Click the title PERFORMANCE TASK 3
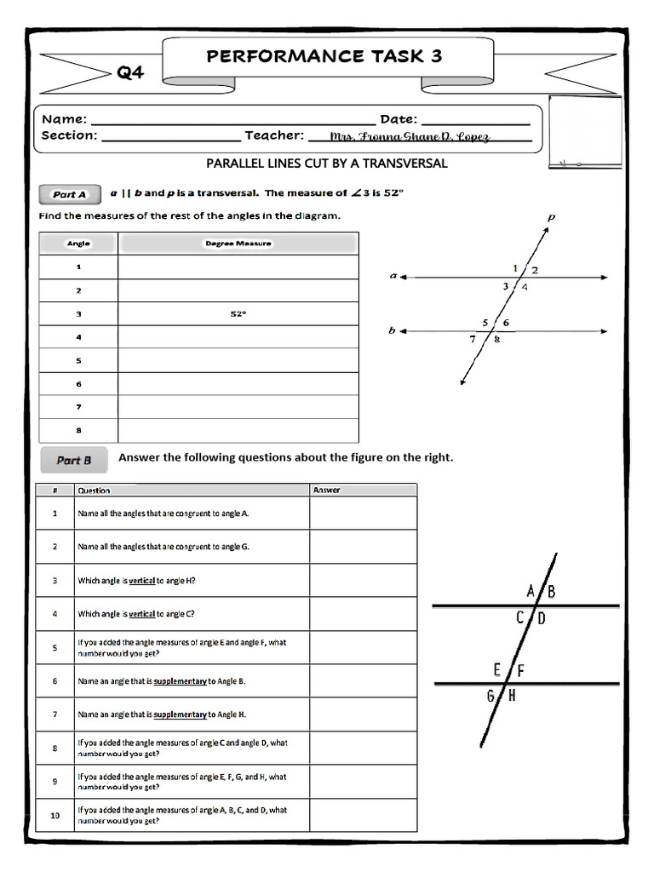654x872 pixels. tap(324, 56)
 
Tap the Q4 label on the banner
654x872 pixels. tap(130, 72)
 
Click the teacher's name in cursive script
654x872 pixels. tap(410, 136)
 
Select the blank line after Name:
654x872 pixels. tap(232, 121)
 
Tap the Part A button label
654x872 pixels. tap(70, 194)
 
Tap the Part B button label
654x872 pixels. tap(73, 460)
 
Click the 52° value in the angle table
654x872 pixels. tap(238, 314)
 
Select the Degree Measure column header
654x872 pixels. tap(238, 244)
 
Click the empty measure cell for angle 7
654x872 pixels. tap(238, 407)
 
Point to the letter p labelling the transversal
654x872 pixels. tap(551, 217)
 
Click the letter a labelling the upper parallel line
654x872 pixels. tap(393, 276)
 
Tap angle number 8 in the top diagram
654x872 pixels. tap(497, 340)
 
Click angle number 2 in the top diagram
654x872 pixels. tap(535, 270)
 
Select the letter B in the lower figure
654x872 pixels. tap(552, 592)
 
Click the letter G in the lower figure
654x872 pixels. tap(490, 696)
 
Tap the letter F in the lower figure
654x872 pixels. tap(520, 670)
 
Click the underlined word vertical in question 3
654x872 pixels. tap(141, 581)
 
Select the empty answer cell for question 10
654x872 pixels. tap(363, 815)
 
